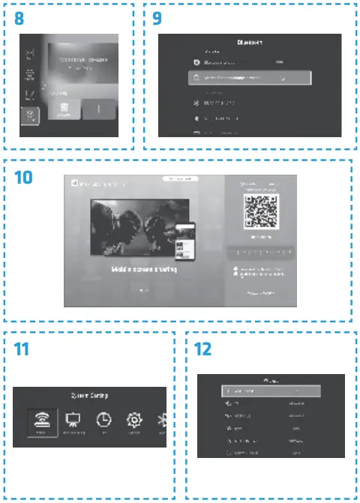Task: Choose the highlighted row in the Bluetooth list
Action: tap(246, 77)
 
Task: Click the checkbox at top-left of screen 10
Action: tap(70, 183)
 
